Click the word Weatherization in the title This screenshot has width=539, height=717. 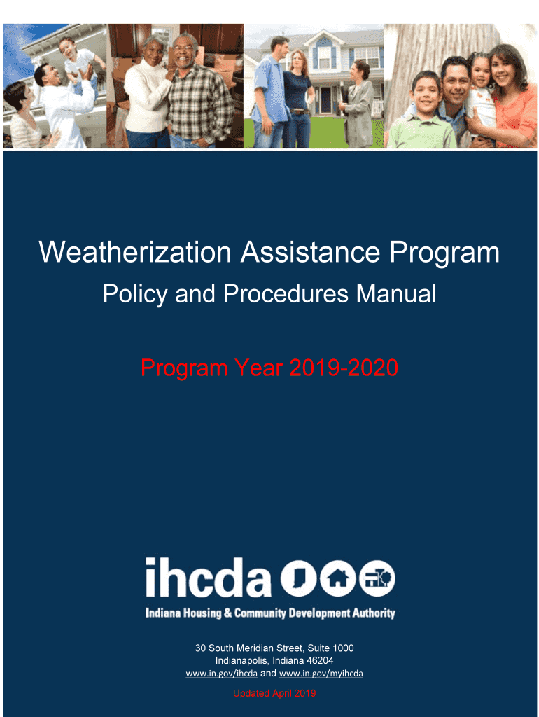(x=135, y=252)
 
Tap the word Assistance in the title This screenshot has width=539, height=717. (x=310, y=252)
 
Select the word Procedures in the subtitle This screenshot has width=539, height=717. (x=286, y=293)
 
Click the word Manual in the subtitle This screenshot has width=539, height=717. (x=396, y=293)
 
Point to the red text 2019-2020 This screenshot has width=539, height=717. (x=343, y=368)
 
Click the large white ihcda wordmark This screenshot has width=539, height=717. (x=209, y=578)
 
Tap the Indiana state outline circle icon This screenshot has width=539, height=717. (x=298, y=578)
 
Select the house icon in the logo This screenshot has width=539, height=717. (x=338, y=578)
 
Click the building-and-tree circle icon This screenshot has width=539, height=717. (x=377, y=578)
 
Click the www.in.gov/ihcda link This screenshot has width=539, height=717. (x=222, y=674)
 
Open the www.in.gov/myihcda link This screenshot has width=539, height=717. (x=321, y=674)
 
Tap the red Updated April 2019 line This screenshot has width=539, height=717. (x=274, y=693)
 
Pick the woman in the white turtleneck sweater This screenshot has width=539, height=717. (x=147, y=92)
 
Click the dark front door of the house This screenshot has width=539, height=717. (x=325, y=100)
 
